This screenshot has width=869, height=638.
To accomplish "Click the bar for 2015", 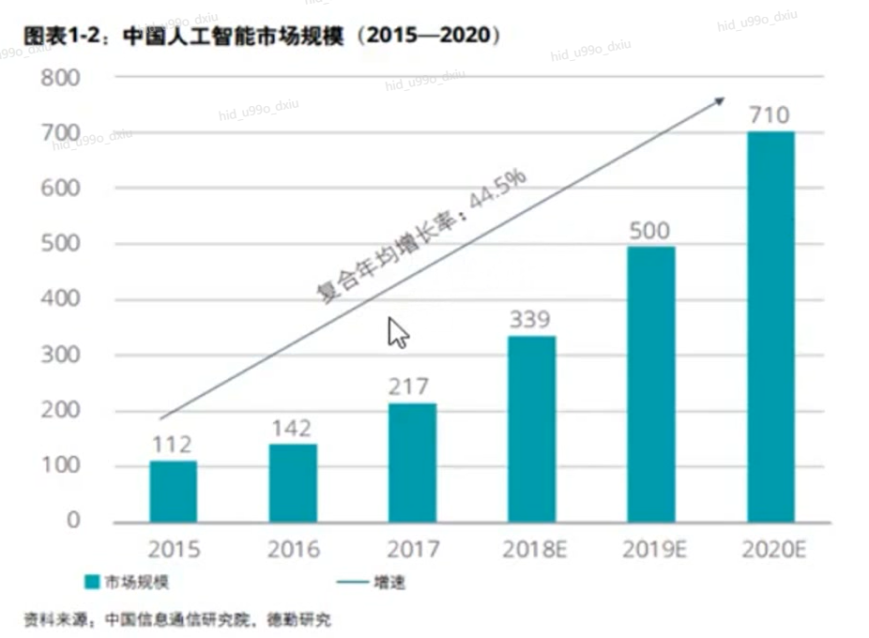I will [174, 491].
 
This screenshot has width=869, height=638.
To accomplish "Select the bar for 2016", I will [293, 482].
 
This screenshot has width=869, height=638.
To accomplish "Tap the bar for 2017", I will [412, 462].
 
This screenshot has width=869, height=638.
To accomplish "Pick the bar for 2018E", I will [531, 428].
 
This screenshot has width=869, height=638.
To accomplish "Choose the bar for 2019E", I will [650, 384].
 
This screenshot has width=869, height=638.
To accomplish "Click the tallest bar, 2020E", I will [770, 326].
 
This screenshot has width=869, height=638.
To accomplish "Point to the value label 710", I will [770, 115].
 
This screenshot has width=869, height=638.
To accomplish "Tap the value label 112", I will [174, 444].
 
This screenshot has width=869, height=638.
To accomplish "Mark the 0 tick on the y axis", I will [73, 521].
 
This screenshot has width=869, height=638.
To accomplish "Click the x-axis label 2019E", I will [650, 550].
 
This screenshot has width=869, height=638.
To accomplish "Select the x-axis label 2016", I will [293, 550].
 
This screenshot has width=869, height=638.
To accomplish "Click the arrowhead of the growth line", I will [720, 100].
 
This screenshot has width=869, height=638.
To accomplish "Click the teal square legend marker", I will [91, 583].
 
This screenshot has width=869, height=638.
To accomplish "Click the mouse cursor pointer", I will [398, 331].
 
